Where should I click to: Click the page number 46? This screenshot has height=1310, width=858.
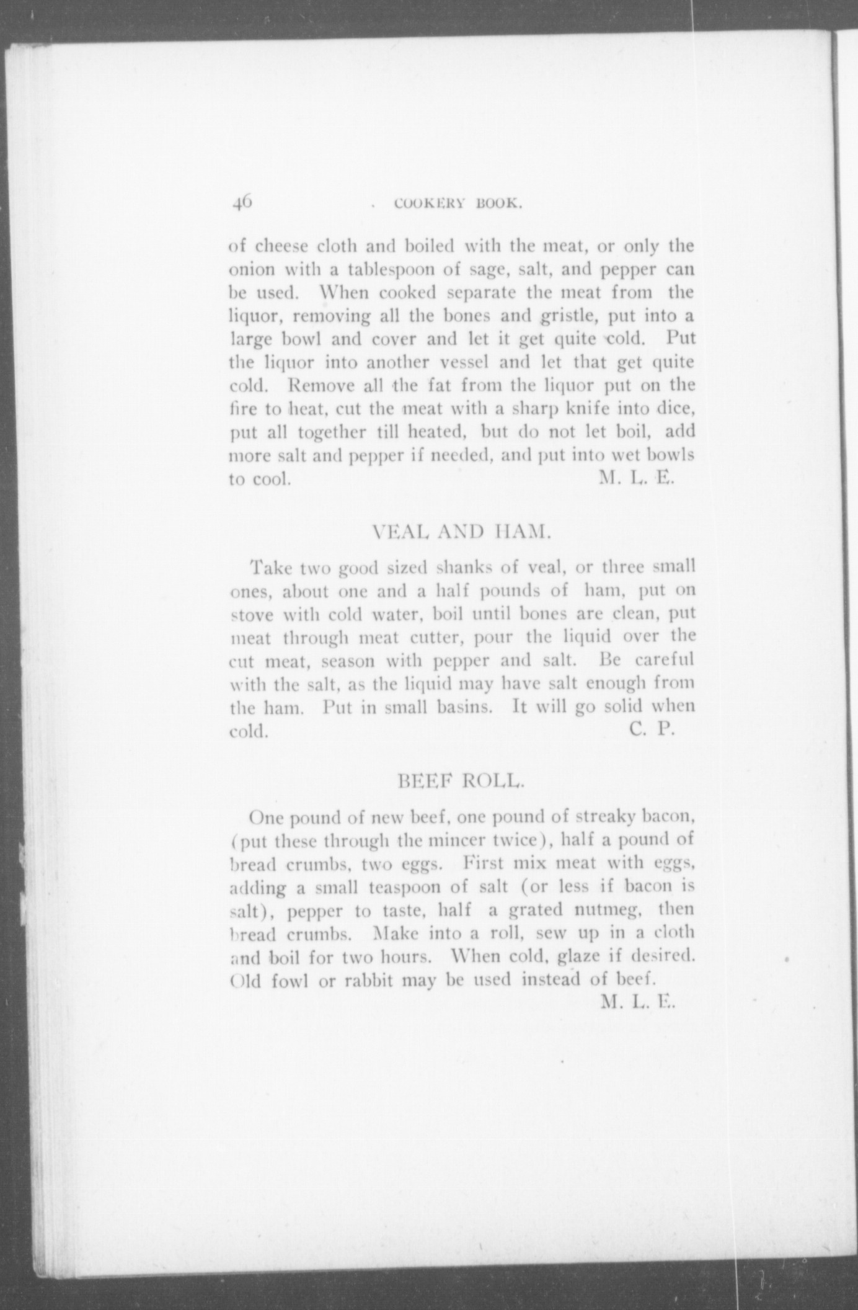[242, 202]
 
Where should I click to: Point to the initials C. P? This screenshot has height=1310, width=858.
[652, 729]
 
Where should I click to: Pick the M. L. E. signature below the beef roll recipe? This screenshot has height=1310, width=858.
[637, 1001]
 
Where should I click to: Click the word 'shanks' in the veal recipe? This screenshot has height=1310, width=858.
[464, 567]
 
